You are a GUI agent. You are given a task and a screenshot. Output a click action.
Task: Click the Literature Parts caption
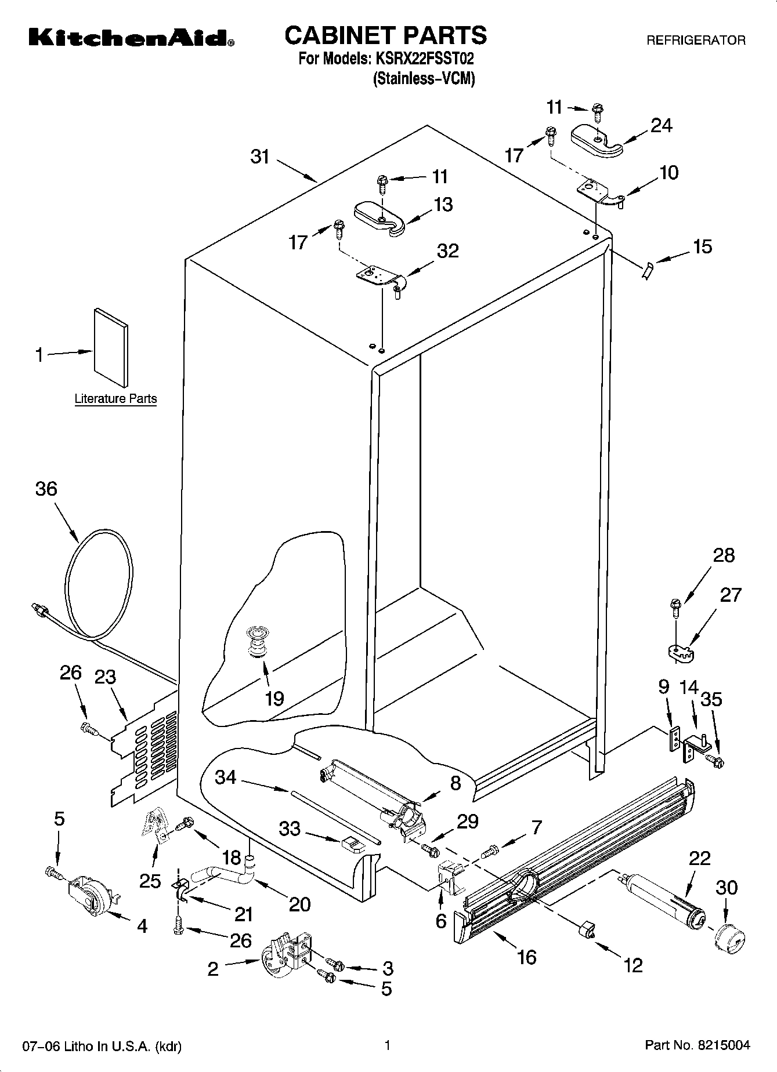pyautogui.click(x=115, y=399)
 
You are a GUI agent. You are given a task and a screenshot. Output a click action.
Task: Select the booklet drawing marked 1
pyautogui.click(x=111, y=347)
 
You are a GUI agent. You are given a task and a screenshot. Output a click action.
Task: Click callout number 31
pyautogui.click(x=261, y=156)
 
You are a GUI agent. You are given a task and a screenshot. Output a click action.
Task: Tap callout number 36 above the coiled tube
pyautogui.click(x=46, y=488)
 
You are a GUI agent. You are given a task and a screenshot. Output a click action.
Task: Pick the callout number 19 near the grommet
pyautogui.click(x=274, y=698)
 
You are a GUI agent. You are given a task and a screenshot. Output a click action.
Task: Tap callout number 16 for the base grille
pyautogui.click(x=526, y=956)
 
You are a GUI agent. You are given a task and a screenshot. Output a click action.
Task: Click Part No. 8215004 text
pyautogui.click(x=697, y=1045)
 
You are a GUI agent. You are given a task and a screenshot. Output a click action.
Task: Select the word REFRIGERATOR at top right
pyautogui.click(x=696, y=41)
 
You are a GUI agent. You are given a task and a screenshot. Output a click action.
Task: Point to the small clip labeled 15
pyautogui.click(x=647, y=270)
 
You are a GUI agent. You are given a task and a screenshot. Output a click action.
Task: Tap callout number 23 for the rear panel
pyautogui.click(x=106, y=677)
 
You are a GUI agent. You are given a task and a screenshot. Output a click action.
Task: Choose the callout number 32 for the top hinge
pyautogui.click(x=447, y=250)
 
